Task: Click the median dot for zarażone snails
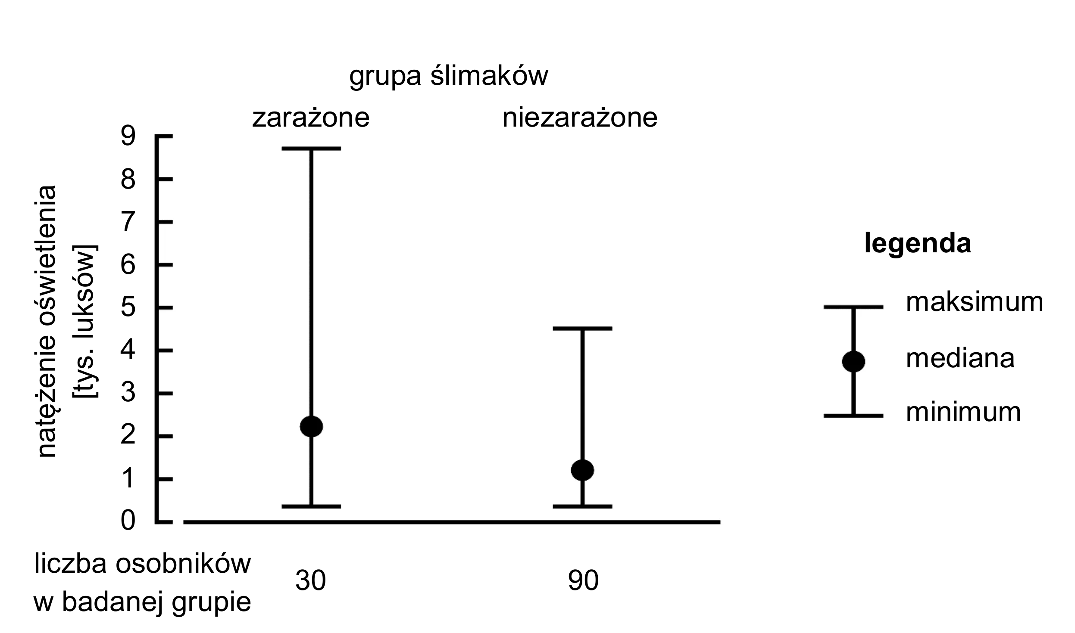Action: point(311,426)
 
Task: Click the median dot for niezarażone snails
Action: point(582,469)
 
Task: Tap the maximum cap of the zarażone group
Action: point(311,149)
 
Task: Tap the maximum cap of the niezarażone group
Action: point(582,329)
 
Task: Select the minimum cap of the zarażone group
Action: point(311,506)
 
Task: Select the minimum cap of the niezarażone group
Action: point(582,506)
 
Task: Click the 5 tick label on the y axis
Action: point(128,308)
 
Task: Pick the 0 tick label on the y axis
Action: point(128,521)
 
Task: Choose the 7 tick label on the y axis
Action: point(128,222)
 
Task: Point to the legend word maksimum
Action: point(975,302)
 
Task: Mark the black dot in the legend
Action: point(853,361)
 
